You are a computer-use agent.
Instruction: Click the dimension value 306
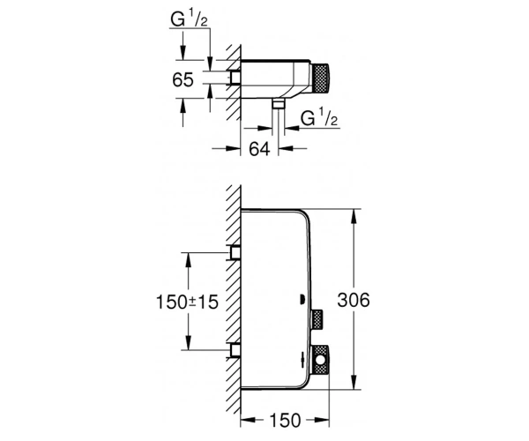coord(354,300)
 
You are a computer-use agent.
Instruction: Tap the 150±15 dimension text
coord(187,302)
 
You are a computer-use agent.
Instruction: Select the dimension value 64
coord(259,148)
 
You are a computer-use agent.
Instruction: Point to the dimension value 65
coord(183,80)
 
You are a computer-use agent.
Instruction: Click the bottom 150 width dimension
coord(285,421)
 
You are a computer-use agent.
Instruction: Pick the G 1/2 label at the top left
coord(189,19)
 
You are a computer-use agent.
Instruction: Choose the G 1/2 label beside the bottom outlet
coord(319,117)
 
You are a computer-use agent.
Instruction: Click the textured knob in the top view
coord(321,77)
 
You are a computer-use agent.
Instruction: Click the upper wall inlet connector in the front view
coord(235,252)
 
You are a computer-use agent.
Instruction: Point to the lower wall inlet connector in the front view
coord(235,350)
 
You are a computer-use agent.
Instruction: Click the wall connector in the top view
coord(235,78)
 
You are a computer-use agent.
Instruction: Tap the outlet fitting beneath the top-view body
coord(279,104)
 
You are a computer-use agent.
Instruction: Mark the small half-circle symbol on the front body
coord(302,299)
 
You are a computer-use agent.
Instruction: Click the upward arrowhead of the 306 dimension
coord(354,216)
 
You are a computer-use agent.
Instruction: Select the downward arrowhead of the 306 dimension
coord(354,382)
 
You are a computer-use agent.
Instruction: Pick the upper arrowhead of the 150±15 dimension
coord(189,259)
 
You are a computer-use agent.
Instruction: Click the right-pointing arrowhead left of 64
coord(233,148)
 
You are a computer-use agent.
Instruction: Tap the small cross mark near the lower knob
coord(303,359)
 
